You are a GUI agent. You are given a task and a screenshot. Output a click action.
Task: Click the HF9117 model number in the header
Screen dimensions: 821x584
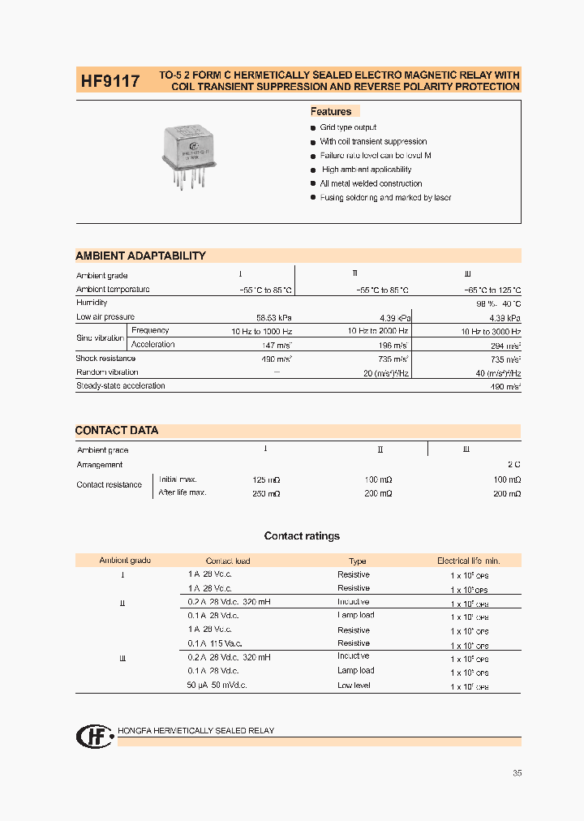[x=109, y=81]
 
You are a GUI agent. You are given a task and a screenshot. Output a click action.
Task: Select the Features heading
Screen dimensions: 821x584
[x=331, y=112]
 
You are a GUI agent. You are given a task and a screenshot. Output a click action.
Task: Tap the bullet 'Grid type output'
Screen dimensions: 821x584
[x=348, y=127]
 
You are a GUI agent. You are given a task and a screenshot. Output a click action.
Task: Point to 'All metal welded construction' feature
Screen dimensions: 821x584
[x=371, y=183]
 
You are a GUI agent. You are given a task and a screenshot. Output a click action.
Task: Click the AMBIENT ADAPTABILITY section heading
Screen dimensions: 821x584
[x=140, y=256]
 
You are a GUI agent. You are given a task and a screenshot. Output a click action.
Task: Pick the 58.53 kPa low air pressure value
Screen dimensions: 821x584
[x=274, y=317]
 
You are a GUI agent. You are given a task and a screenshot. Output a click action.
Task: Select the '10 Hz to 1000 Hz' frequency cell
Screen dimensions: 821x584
[x=261, y=331]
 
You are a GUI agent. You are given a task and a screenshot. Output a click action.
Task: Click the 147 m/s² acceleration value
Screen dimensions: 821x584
[x=278, y=345]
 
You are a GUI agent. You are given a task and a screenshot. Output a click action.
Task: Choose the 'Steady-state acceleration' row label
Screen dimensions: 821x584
[x=120, y=386]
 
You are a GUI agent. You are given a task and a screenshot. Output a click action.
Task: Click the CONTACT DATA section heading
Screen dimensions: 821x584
[x=117, y=430]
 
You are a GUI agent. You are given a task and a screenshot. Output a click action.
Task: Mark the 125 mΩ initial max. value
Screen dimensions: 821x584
[x=267, y=479]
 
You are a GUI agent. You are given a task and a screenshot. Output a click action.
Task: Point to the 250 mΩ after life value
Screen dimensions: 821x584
[x=267, y=493]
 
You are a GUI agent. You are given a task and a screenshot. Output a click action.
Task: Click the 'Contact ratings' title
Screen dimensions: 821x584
[x=302, y=536]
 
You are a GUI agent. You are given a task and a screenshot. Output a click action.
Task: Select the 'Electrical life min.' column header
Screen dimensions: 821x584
[x=469, y=561]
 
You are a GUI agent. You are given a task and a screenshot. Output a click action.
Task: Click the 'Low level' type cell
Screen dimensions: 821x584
[x=354, y=686]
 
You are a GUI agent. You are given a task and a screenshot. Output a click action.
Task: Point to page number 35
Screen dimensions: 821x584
[x=517, y=773]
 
